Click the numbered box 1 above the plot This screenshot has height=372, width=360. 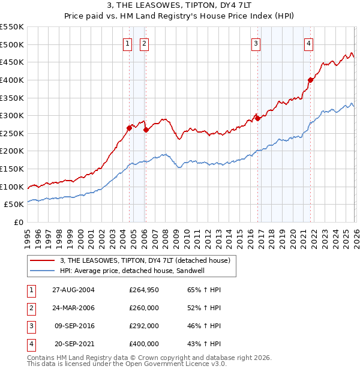128,43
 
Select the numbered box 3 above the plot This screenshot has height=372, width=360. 256,43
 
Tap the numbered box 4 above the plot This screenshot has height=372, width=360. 308,43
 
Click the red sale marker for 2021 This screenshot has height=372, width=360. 310,80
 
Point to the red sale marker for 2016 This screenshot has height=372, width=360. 257,118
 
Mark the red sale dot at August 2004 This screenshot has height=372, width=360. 129,128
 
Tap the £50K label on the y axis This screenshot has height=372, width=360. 14,205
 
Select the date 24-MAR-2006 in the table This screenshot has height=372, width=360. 73,307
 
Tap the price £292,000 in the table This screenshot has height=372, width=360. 144,326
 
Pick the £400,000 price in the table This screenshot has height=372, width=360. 144,344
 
